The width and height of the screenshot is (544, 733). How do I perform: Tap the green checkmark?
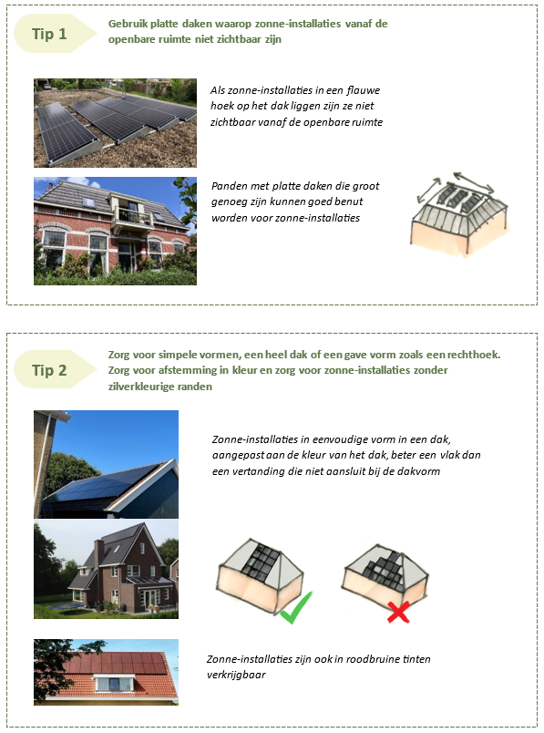pyautogui.click(x=297, y=607)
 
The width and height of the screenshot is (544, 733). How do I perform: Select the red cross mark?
pyautogui.click(x=398, y=612)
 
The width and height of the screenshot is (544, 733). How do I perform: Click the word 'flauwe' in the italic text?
pyautogui.click(x=364, y=90)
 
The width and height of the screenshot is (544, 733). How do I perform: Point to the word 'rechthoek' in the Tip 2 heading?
pyautogui.click(x=473, y=355)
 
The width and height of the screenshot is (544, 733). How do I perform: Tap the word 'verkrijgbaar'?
pyautogui.click(x=236, y=675)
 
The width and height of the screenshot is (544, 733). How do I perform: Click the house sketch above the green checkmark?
pyautogui.click(x=260, y=575)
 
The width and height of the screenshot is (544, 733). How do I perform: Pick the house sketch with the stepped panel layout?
pyautogui.click(x=385, y=575)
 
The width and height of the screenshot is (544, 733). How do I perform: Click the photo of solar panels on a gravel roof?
pyautogui.click(x=115, y=123)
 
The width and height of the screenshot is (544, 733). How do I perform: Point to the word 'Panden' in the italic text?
pyautogui.click(x=227, y=186)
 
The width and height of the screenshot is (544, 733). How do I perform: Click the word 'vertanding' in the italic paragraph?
pyautogui.click(x=260, y=471)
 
